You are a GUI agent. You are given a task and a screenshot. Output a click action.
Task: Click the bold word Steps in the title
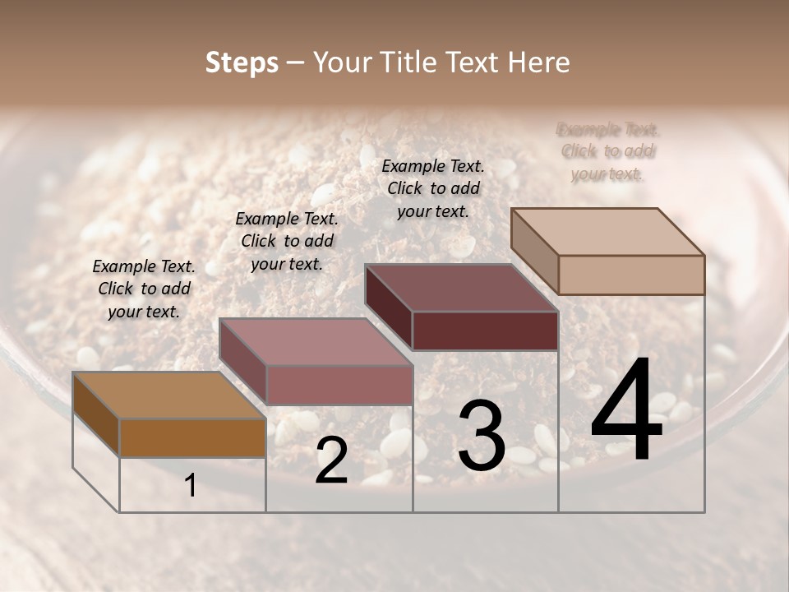242,63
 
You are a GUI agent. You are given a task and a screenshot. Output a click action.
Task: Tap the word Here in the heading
538,63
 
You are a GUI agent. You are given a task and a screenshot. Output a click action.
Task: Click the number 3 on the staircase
482,437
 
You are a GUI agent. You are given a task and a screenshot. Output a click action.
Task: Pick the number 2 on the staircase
331,460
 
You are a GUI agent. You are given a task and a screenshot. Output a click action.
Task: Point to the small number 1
191,486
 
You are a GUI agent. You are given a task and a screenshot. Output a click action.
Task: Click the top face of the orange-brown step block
168,395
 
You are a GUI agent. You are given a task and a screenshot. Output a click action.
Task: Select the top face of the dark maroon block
461,288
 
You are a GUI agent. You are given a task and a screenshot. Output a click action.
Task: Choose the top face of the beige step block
607,232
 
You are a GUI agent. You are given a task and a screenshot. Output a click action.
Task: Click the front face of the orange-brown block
192,437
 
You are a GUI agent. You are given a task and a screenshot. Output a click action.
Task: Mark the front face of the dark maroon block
485,331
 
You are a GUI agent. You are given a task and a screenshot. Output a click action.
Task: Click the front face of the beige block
631,275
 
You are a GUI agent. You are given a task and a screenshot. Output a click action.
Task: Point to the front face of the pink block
339,385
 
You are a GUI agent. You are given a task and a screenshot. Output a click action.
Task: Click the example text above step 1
144,289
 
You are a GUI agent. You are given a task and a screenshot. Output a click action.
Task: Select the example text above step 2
287,241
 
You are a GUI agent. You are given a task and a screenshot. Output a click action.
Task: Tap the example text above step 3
433,188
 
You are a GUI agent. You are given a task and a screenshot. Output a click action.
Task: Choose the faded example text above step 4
607,151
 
